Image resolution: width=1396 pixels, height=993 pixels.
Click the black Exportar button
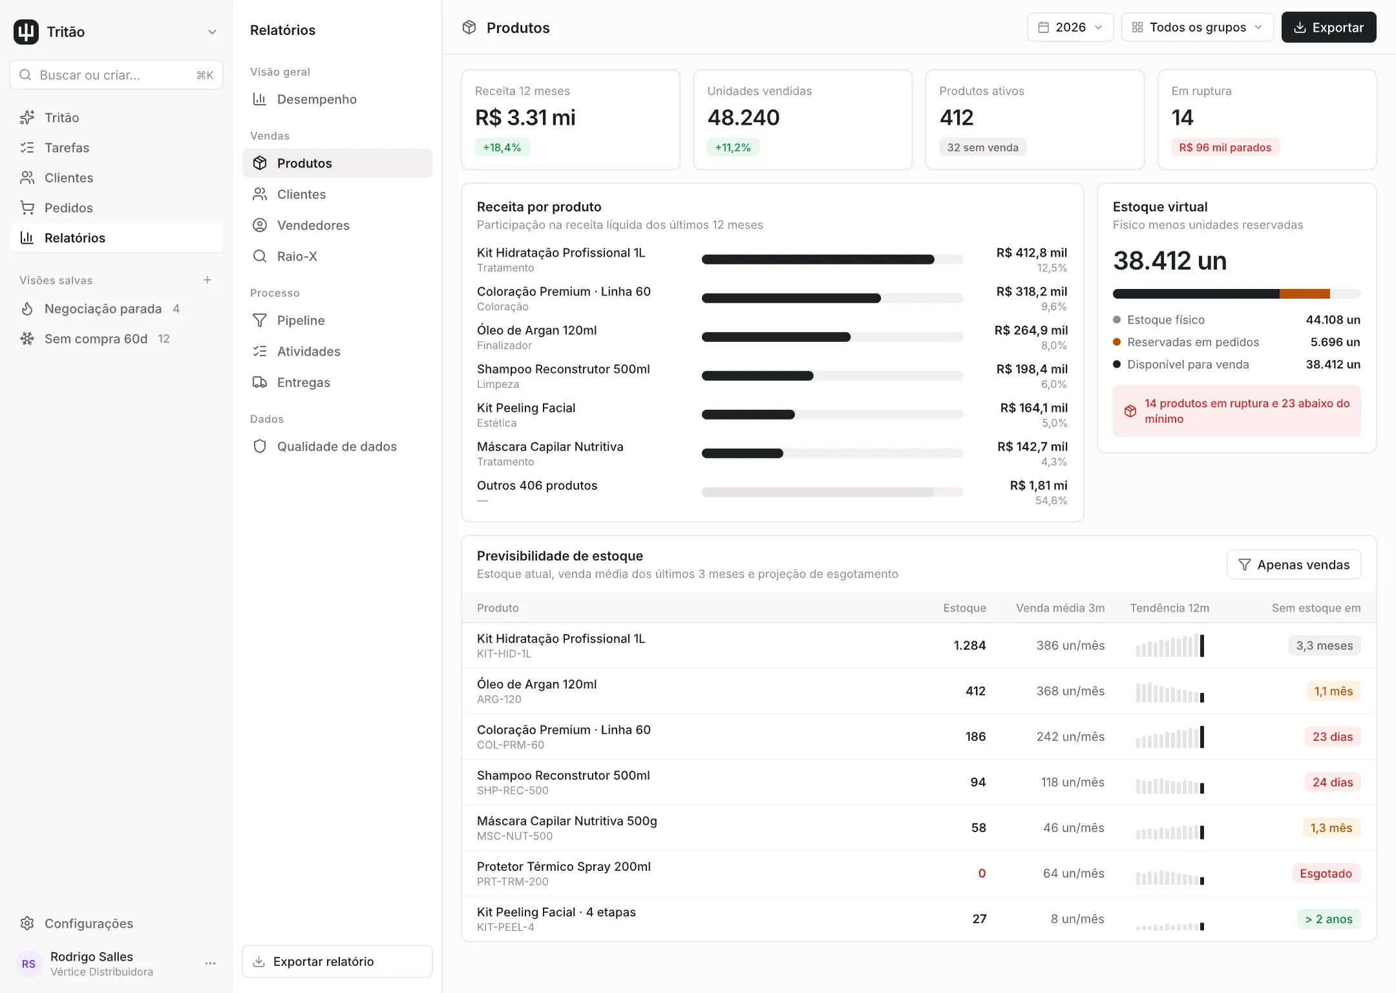click(1328, 27)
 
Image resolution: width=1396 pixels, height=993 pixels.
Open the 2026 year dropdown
click(1070, 27)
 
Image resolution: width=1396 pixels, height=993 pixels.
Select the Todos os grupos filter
click(1197, 27)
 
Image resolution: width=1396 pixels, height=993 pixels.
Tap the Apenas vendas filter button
click(1294, 564)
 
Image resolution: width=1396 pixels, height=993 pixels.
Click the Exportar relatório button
click(337, 961)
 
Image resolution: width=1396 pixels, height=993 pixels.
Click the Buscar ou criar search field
click(116, 75)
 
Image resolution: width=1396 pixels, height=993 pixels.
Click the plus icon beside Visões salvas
click(207, 280)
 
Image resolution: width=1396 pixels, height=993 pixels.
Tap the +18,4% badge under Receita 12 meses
click(502, 147)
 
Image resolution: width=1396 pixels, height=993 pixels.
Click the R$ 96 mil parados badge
click(1225, 147)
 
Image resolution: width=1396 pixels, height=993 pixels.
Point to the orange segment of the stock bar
click(1305, 294)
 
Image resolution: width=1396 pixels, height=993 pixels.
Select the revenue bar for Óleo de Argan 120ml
click(776, 337)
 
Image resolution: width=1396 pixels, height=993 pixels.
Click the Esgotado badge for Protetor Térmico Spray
click(1326, 873)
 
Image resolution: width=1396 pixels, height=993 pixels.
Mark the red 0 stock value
click(982, 873)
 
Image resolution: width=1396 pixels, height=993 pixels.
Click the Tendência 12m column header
click(1169, 608)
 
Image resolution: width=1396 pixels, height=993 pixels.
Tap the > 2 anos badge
click(1329, 919)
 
